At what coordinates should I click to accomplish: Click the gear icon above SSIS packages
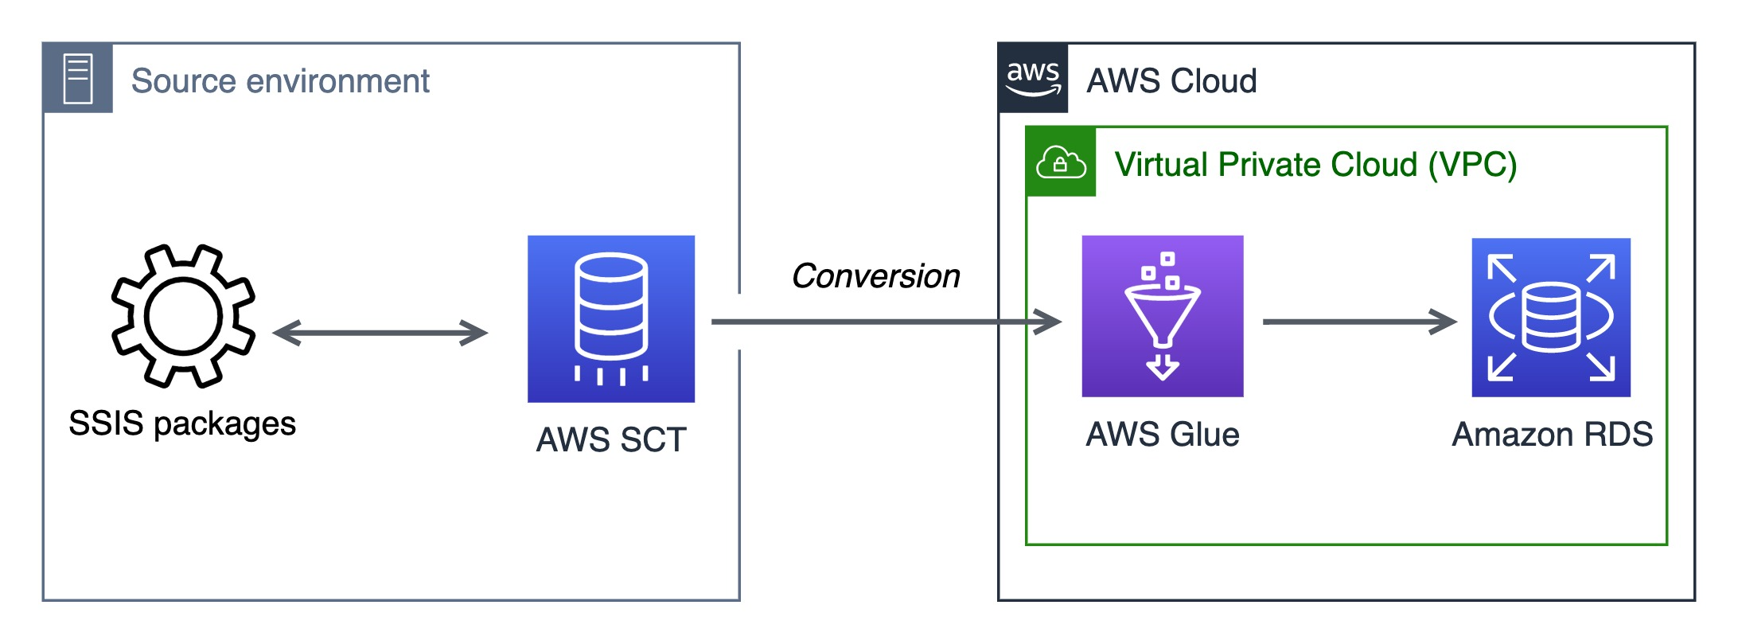[183, 316]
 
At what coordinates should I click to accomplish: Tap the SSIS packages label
[182, 423]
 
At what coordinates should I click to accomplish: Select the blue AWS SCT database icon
[611, 318]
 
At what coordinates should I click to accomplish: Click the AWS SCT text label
[611, 439]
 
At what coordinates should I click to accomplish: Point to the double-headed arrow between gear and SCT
[380, 333]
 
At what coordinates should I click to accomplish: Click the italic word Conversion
[875, 276]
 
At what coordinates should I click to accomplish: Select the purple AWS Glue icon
[1163, 316]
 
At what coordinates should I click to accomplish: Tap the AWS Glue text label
[1163, 435]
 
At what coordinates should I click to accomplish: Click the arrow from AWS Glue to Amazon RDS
[1359, 322]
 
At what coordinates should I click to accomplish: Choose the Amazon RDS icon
[1551, 317]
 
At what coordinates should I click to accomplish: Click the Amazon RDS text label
[1552, 435]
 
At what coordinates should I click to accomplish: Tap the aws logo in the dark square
[1033, 78]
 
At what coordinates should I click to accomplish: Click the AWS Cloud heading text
[1171, 81]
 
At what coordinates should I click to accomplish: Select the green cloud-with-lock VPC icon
[1061, 162]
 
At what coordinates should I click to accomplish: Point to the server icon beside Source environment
[78, 78]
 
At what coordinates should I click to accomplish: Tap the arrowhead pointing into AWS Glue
[1049, 322]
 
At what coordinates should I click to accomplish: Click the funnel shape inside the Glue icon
[1162, 315]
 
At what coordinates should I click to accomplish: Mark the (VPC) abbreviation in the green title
[1472, 165]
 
